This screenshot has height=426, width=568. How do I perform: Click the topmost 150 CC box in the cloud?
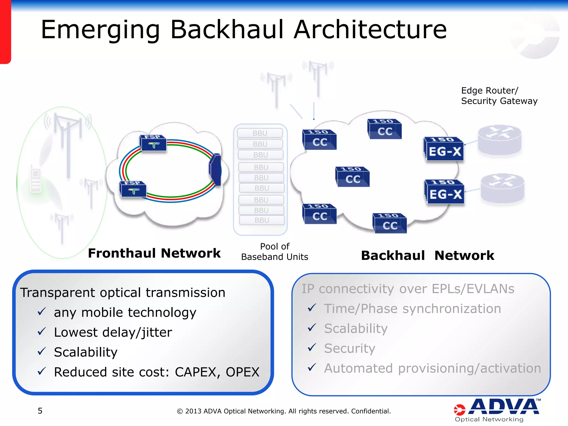tap(384, 129)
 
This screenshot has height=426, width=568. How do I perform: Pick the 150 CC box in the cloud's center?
tap(352, 177)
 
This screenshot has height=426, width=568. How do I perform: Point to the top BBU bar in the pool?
tap(260, 133)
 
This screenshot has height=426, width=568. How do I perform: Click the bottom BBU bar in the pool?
tap(262, 220)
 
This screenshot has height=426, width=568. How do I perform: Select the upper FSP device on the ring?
tap(153, 143)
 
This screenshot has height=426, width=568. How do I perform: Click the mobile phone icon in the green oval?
tap(36, 180)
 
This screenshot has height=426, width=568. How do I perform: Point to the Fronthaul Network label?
tap(154, 253)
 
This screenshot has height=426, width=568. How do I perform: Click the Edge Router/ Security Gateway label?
tap(499, 96)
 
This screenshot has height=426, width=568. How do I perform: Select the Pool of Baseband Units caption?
tap(275, 252)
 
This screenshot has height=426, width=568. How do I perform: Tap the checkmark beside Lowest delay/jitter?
tap(42, 331)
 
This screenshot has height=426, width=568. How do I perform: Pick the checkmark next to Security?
tap(312, 348)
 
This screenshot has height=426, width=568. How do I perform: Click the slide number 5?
tap(40, 411)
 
